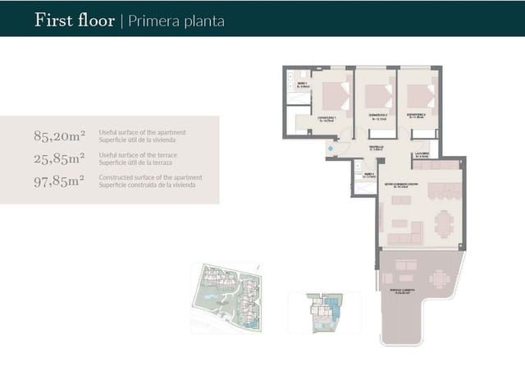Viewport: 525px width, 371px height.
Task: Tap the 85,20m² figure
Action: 58,136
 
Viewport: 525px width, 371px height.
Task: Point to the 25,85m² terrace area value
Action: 58,158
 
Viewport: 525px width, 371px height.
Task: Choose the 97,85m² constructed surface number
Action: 58,180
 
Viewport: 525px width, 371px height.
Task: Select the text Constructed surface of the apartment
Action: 150,176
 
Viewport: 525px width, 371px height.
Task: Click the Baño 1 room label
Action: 303,85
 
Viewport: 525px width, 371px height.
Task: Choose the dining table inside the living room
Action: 444,223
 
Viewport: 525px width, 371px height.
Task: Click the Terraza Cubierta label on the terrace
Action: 399,293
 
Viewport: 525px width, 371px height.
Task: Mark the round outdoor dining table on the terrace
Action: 440,279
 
